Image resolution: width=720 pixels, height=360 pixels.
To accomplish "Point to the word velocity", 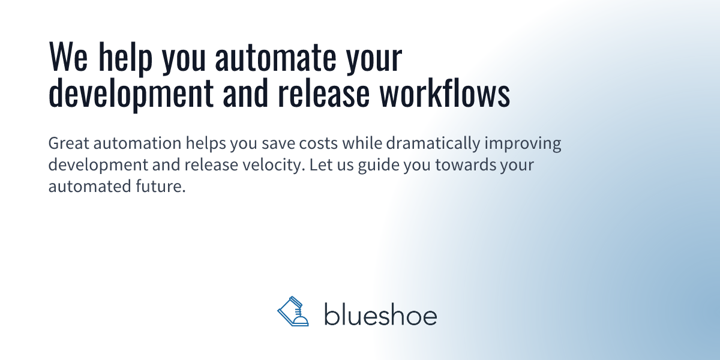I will click(272, 165).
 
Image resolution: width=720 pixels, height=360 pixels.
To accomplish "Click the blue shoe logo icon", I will click(293, 312).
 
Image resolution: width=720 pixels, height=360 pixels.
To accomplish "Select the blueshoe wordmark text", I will click(380, 314).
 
